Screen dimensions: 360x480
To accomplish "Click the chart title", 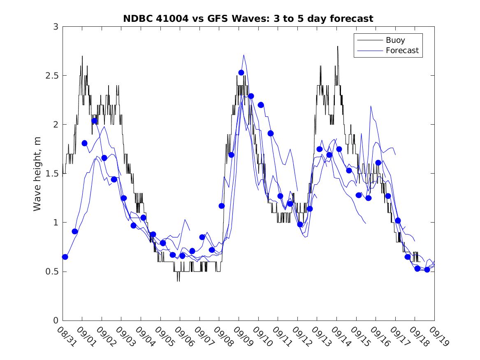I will click(248, 19).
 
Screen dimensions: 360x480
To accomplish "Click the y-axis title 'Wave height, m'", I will click(37, 174).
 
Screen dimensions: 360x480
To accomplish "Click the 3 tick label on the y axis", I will click(55, 27).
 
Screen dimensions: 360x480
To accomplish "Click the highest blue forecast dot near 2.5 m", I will click(241, 72).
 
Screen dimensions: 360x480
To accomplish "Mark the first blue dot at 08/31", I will click(65, 257).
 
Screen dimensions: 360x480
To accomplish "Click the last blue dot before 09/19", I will click(427, 269).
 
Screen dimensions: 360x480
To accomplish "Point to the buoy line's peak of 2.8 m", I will click(338, 46).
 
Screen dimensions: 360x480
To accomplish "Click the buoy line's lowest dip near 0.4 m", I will click(178, 281).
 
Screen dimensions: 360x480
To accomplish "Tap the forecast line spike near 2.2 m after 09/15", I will click(371, 106).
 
